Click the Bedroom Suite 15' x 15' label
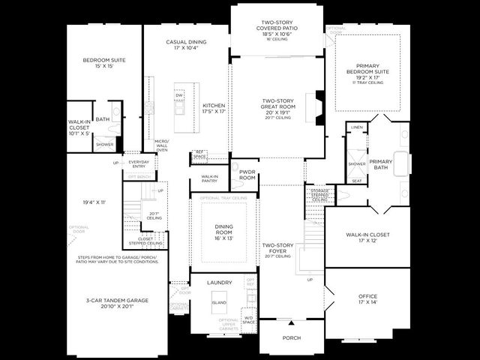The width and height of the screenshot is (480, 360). coord(104,63)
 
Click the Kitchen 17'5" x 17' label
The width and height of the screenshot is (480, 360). coord(214,109)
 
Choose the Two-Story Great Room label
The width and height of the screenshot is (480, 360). coord(277,109)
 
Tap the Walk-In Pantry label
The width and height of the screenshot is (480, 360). coord(209,179)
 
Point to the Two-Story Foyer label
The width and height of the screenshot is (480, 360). coord(277,250)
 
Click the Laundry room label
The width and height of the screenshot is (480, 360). coord(219,283)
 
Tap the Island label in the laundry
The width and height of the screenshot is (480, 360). coord(219,302)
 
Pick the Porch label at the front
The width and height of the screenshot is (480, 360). coord(291,337)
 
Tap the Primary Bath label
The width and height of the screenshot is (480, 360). coord(380,164)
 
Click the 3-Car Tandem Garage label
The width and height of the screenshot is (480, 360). coord(116,302)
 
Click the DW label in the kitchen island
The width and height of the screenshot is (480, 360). coord(179,95)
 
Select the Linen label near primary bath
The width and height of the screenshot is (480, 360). coord(357,127)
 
